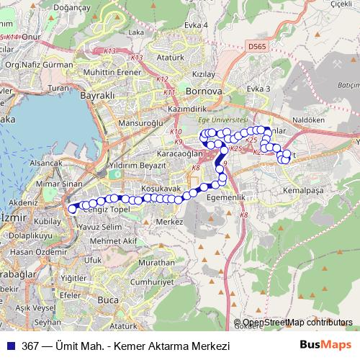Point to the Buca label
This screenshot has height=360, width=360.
point(108,299)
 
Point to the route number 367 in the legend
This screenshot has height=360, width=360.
point(30,346)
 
